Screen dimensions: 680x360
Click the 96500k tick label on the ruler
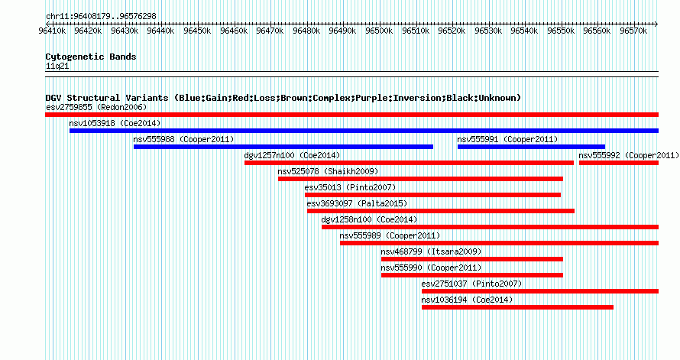tap(379, 31)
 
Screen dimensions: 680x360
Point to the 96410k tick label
tap(52, 31)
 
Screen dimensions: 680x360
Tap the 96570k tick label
tap(633, 31)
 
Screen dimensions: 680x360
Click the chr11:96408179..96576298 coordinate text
tap(101, 17)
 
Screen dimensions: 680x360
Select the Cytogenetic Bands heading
tap(91, 57)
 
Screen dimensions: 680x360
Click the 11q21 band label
tap(57, 66)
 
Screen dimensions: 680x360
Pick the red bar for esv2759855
tap(351, 115)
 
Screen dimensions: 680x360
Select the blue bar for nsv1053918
tap(364, 131)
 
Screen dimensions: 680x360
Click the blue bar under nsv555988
tap(283, 147)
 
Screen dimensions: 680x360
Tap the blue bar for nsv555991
tap(531, 147)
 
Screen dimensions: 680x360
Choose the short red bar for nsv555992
tap(619, 163)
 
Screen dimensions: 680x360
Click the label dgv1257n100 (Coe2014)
tap(292, 155)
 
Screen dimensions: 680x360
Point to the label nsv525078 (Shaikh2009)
tap(328, 171)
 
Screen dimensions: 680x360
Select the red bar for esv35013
tap(432, 195)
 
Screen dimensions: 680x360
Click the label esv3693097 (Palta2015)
tap(357, 203)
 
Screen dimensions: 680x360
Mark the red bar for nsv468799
tap(472, 259)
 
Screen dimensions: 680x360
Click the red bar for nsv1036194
tap(517, 307)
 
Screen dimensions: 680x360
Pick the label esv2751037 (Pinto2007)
tap(472, 284)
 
